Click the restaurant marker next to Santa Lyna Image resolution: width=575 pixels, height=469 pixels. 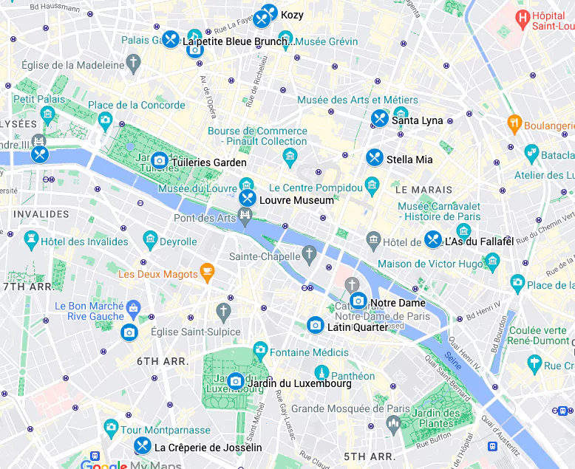[380, 118]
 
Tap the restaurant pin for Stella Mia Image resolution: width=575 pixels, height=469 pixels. [375, 157]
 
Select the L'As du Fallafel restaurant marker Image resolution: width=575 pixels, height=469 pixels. [433, 239]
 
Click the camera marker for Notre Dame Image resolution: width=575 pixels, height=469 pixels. [358, 301]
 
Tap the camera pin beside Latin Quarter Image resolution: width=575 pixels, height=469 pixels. [316, 325]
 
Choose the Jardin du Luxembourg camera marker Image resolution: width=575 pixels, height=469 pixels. [236, 381]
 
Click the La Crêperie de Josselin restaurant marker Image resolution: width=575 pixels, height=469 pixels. [143, 445]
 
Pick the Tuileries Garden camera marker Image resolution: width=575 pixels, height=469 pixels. [159, 160]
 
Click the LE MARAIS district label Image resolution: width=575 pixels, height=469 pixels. [424, 190]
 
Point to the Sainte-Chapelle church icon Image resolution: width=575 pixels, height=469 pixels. [310, 256]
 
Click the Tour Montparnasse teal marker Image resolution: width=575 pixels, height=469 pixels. [111, 427]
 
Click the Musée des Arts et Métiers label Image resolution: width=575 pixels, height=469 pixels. [358, 100]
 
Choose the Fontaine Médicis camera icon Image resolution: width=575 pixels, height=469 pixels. [260, 349]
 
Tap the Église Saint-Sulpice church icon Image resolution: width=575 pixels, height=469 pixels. [223, 312]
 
